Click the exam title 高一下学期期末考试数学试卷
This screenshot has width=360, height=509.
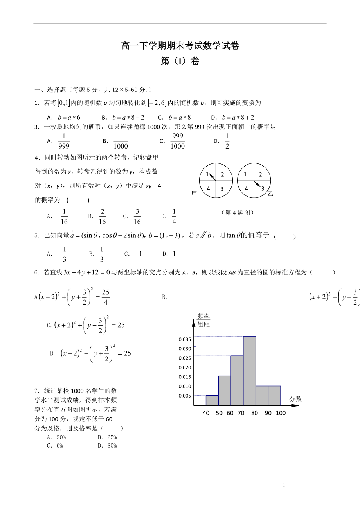[x=180, y=46]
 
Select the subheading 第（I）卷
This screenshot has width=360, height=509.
[x=180, y=61]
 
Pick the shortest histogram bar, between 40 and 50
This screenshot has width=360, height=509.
[x=212, y=400]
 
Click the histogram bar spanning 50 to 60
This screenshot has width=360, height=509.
[x=224, y=391]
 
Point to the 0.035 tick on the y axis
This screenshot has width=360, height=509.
[x=185, y=339]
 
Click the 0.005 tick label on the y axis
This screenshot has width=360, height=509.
[x=185, y=396]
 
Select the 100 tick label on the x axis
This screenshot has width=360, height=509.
[x=280, y=413]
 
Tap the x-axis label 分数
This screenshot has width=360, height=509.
[x=296, y=399]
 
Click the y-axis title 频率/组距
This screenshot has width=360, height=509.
[x=203, y=320]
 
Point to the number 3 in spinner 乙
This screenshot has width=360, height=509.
[x=263, y=188]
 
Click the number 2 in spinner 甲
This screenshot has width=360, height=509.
[x=222, y=175]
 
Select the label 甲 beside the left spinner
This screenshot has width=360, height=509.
[x=194, y=194]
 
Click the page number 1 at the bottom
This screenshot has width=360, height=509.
[x=284, y=485]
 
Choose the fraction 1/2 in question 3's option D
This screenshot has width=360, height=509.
[x=227, y=141]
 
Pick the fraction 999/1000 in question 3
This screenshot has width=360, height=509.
[x=178, y=141]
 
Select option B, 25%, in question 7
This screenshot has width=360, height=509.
[x=107, y=437]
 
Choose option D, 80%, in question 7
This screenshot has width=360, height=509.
[x=107, y=445]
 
